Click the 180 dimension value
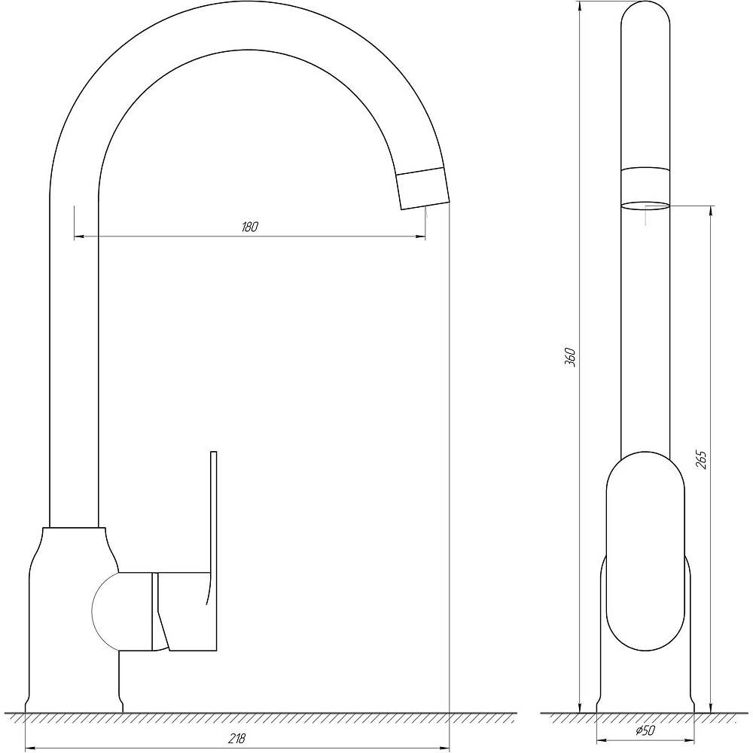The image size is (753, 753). point(250,227)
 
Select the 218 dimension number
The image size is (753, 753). point(239,739)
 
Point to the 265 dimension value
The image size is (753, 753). point(702,459)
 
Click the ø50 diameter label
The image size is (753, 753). point(644,730)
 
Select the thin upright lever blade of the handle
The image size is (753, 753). point(213,512)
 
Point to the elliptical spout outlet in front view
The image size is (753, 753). point(645,204)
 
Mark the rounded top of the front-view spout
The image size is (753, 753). point(645,19)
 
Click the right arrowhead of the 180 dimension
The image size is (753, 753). point(419,237)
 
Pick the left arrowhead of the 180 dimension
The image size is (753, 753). point(79,237)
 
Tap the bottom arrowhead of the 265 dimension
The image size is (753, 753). point(712,706)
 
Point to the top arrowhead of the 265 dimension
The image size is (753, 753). point(712,210)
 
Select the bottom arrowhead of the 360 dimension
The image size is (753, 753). point(580,706)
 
